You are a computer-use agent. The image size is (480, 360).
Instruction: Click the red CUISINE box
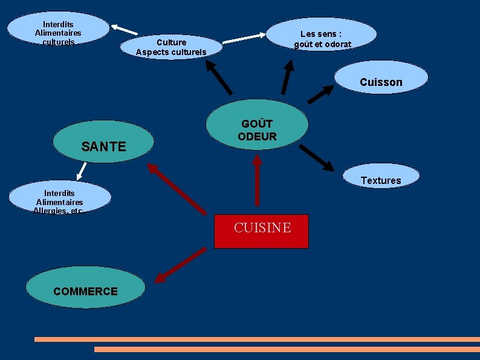click(261, 231)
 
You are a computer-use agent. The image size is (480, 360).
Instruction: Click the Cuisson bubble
click(381, 78)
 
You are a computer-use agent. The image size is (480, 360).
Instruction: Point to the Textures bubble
click(381, 177)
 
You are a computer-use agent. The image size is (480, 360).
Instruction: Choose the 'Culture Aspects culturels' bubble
click(171, 47)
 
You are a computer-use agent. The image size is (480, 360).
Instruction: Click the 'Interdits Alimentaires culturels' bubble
click(58, 29)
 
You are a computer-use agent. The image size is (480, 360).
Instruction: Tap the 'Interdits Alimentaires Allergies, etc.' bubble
click(60, 198)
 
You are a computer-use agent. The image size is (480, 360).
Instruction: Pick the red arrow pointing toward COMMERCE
click(180, 264)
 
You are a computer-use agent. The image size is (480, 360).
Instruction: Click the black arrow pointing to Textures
click(316, 157)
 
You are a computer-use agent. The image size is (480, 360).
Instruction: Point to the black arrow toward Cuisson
click(320, 94)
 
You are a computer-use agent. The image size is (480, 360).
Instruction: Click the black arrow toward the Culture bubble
click(219, 78)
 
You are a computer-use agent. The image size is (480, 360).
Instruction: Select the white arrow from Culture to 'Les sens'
click(244, 39)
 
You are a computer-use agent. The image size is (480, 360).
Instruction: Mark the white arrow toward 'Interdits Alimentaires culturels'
click(124, 29)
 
